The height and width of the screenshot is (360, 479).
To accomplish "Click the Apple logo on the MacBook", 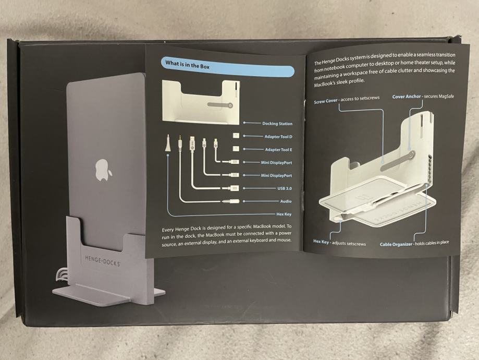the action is point(103,170).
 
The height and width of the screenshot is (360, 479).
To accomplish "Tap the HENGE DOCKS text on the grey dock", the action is point(102,260).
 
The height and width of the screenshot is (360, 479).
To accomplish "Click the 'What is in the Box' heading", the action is point(187,65).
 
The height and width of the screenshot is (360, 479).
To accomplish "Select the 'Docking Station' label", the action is point(277,124).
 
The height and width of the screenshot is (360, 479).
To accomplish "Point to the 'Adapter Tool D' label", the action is point(278,136).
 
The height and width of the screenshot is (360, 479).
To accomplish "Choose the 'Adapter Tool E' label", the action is point(278,150).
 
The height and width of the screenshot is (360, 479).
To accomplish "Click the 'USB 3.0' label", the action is point(285,188).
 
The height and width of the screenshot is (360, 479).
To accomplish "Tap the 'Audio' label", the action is point(286,201).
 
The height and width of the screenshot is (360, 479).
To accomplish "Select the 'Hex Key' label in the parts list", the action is point(284,214).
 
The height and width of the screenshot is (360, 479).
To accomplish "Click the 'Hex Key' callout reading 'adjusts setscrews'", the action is point(339,243).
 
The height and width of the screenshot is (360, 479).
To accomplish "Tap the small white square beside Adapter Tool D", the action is point(236,136).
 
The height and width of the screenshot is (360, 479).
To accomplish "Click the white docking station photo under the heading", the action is point(201,102).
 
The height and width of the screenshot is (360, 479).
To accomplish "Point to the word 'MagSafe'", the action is point(446,96).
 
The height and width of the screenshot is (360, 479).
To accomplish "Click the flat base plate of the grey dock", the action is point(108,295).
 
